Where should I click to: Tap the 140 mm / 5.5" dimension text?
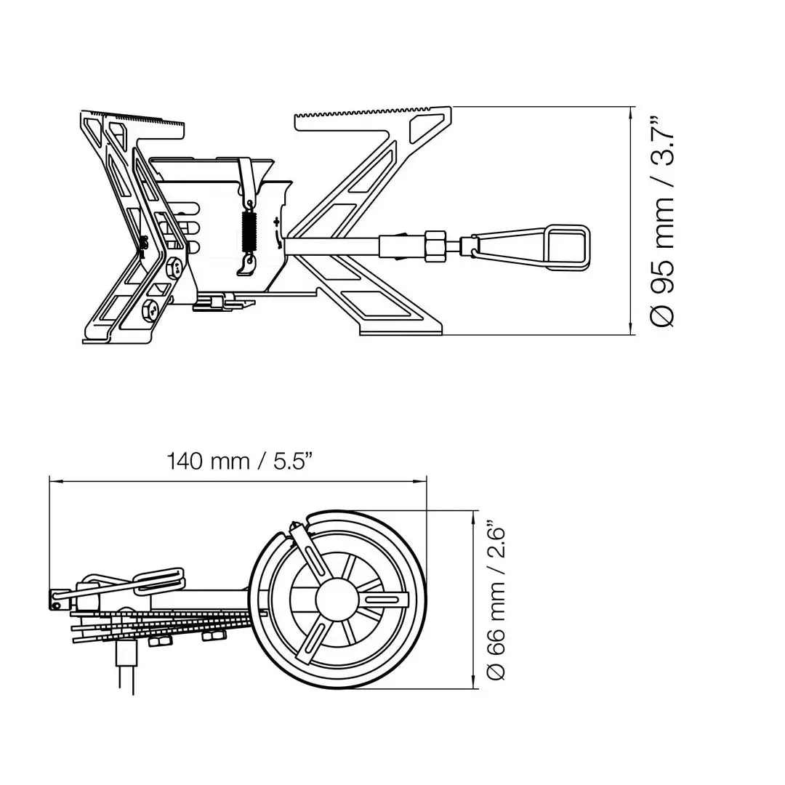coord(240,461)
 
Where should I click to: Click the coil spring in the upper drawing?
coord(249,232)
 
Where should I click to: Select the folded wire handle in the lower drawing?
coord(156,578)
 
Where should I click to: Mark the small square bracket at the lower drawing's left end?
coord(55,602)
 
